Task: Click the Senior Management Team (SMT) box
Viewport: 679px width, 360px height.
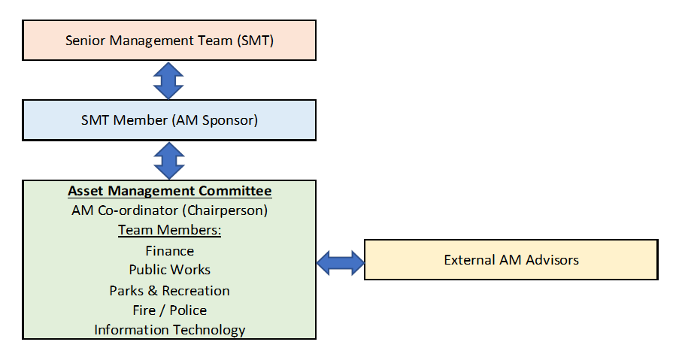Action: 169,41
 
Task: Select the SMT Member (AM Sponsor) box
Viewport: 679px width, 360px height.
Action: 169,120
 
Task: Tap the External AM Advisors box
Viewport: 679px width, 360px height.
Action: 511,259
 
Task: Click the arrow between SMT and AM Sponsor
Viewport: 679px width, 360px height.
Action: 168,80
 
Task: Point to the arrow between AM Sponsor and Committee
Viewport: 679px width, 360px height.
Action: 169,161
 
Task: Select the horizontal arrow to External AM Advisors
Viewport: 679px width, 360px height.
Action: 341,262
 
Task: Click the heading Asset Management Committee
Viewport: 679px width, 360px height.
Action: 170,191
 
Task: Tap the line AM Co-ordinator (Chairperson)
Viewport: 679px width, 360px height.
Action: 170,210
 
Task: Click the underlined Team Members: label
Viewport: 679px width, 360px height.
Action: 170,230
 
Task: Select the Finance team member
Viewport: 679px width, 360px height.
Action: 170,251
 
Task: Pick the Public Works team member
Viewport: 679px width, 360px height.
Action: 170,270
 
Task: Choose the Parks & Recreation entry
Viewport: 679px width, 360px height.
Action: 170,291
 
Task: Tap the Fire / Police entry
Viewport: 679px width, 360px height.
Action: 170,310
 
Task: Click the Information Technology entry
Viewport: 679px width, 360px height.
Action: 170,330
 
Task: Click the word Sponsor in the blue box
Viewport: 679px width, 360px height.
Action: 230,120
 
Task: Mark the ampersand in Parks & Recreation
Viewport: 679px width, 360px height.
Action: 153,291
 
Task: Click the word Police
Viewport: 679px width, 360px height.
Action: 189,310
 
